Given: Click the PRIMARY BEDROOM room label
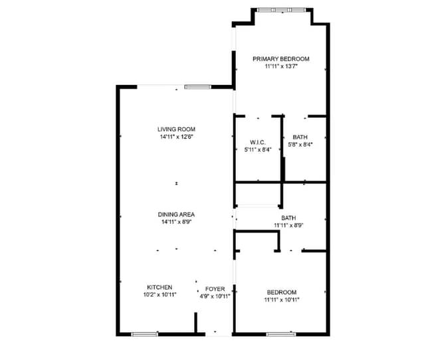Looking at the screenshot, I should (280, 58).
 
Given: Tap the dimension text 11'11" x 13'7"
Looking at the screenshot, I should (280, 66).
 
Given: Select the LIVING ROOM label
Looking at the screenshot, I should (176, 129).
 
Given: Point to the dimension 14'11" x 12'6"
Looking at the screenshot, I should (176, 137).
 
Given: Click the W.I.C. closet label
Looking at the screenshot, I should (258, 142).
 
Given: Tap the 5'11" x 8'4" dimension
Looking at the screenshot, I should (258, 149).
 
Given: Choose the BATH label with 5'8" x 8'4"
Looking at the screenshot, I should (300, 137).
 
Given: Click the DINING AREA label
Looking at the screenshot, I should (176, 214).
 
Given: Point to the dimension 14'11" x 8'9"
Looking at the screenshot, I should (176, 222).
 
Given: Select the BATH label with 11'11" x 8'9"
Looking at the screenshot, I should (288, 217).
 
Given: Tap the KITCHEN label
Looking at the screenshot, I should (160, 287).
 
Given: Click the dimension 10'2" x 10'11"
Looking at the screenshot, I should (160, 295).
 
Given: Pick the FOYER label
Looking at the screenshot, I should (215, 288).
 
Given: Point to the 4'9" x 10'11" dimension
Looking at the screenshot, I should (215, 296).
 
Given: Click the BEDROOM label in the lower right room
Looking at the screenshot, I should (281, 292).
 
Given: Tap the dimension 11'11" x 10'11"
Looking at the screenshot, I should (281, 300).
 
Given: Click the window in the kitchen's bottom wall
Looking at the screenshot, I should (145, 334).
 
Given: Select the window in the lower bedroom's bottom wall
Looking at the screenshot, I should (280, 334).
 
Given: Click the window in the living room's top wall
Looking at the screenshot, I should (197, 86).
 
